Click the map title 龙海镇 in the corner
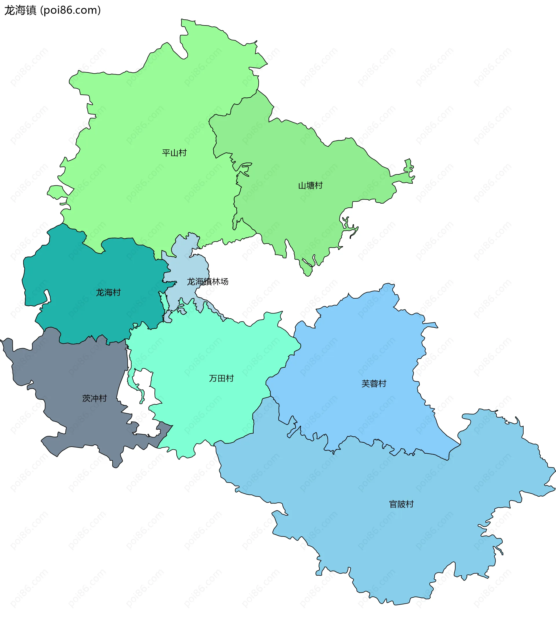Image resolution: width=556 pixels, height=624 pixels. (20, 10)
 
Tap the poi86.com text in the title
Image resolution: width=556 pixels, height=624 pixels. (71, 10)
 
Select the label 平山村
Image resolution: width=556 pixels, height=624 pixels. (174, 153)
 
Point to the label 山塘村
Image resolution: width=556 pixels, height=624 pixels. (310, 185)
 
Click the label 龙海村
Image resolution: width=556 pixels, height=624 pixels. (108, 292)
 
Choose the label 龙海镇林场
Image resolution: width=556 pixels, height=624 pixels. (207, 282)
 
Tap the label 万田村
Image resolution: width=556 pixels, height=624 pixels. (221, 378)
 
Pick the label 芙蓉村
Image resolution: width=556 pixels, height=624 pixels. (374, 384)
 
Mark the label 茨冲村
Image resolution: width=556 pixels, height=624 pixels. (94, 398)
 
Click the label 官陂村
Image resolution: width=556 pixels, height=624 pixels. (401, 504)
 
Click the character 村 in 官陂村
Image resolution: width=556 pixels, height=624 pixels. (410, 504)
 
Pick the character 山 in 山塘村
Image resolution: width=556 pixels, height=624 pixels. (302, 185)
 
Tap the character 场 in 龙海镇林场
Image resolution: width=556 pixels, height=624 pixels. (224, 282)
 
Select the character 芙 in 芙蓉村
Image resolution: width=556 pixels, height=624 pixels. (365, 384)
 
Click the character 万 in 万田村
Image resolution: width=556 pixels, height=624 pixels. (213, 378)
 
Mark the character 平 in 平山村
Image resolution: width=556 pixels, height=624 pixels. (166, 153)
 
